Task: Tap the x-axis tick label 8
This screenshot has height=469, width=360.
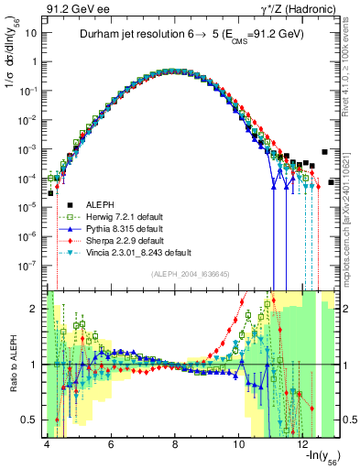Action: pyautogui.click(x=175, y=445)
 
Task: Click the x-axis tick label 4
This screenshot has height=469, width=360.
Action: pyautogui.click(x=46, y=445)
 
